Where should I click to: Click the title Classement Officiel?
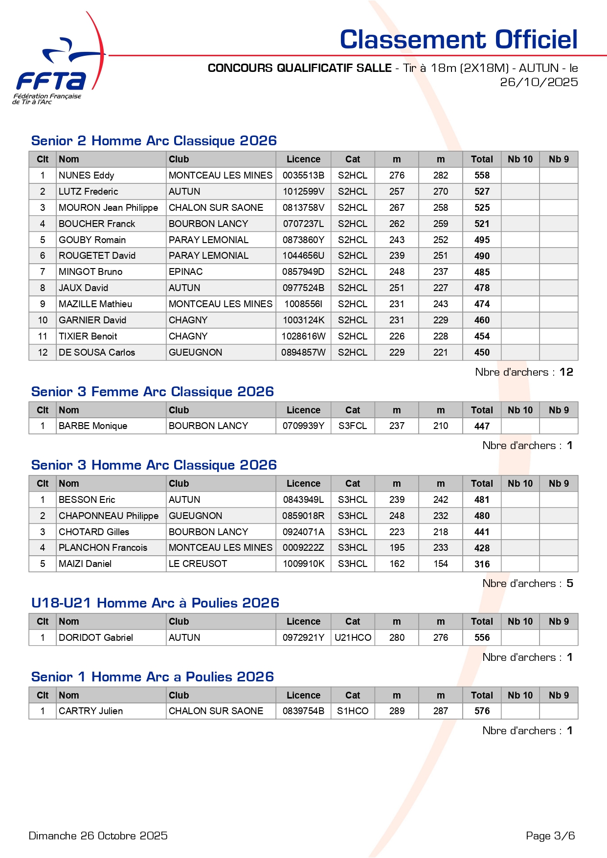click(x=458, y=40)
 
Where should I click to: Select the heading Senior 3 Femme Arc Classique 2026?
click(x=152, y=392)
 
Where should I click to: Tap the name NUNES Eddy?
click(x=86, y=176)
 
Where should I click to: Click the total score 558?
click(x=482, y=176)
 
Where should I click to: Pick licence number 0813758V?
click(x=303, y=208)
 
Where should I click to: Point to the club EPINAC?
click(x=185, y=272)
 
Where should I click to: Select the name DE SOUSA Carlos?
click(x=96, y=353)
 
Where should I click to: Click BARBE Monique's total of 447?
click(x=482, y=426)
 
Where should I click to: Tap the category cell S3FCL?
click(x=352, y=426)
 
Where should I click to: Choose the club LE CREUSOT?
click(x=198, y=564)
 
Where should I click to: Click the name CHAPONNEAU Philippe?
click(x=108, y=516)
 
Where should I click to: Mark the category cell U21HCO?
click(x=353, y=638)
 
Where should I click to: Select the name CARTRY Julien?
click(x=90, y=711)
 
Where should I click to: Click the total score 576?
click(x=482, y=711)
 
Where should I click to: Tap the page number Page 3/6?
click(x=550, y=836)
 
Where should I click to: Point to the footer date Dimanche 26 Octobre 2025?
click(x=98, y=836)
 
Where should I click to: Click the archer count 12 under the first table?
click(x=566, y=372)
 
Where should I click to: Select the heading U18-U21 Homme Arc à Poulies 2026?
click(x=155, y=603)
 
